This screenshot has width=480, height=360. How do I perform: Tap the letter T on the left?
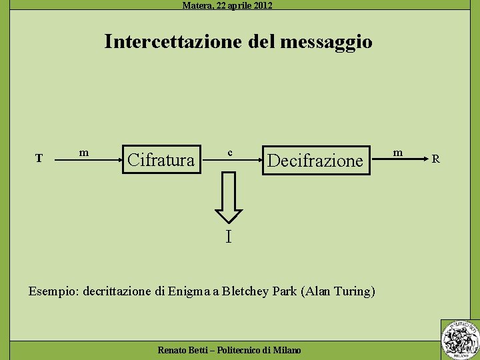click(x=39, y=159)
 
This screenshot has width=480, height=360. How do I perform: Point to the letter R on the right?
click(x=435, y=159)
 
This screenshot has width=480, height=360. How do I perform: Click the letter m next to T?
click(x=84, y=153)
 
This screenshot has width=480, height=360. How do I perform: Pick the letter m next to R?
click(x=398, y=153)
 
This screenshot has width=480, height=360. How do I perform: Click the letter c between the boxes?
click(x=229, y=153)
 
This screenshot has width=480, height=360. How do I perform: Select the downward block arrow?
click(x=229, y=197)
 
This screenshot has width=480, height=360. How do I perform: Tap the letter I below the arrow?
click(x=229, y=237)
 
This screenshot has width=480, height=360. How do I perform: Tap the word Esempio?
click(x=53, y=291)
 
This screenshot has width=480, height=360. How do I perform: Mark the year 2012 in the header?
click(x=262, y=5)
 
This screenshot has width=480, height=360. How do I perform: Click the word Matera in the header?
click(x=196, y=5)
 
